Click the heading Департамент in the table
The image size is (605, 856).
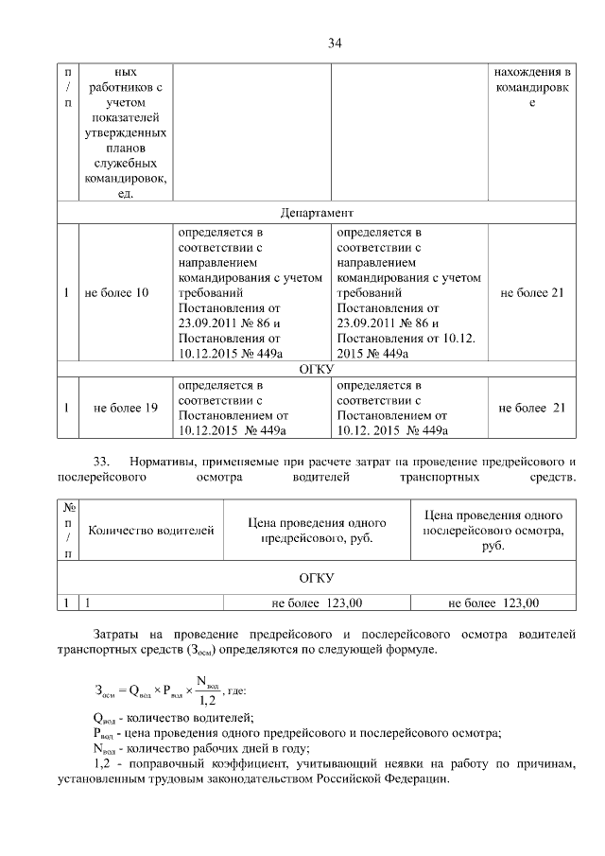(x=317, y=212)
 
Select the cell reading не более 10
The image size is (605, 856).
(x=116, y=293)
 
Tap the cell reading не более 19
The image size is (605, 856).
(x=125, y=408)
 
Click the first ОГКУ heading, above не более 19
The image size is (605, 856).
(x=316, y=368)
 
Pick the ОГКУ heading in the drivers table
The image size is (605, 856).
(x=316, y=576)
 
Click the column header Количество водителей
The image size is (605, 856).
(x=151, y=530)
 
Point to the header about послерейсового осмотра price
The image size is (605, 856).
(x=493, y=530)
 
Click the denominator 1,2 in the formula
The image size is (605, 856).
(x=206, y=700)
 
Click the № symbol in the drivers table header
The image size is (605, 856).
(x=67, y=507)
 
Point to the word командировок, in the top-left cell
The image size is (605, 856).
(x=126, y=178)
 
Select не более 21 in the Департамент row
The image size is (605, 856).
(x=531, y=293)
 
